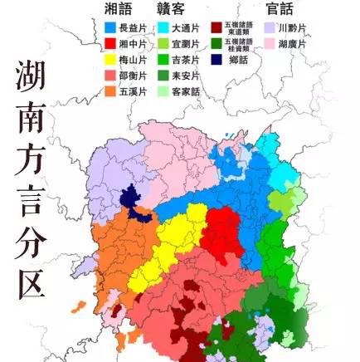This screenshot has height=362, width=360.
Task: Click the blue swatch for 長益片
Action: tap(110, 27)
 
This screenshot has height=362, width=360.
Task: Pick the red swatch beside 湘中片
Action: tap(110, 43)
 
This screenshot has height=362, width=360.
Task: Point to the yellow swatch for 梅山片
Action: tap(110, 59)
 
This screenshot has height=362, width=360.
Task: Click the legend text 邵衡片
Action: tap(133, 75)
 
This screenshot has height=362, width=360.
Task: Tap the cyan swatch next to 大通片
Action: tap(163, 27)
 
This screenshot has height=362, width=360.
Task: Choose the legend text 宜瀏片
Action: tap(185, 43)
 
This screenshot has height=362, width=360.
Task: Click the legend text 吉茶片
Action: tap(185, 59)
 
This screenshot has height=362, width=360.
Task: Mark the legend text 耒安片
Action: tap(185, 75)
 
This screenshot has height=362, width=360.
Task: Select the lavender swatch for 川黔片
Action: tap(268, 27)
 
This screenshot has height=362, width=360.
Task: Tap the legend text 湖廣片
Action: tap(290, 43)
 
